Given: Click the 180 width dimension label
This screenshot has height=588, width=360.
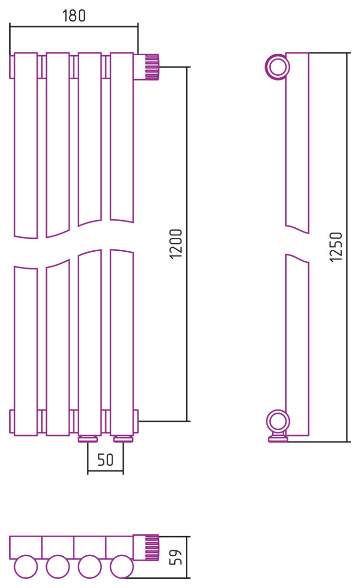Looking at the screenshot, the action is click(74, 15).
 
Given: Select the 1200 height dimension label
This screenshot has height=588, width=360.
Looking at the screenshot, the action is click(176, 244).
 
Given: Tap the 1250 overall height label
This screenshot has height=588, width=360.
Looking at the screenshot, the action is click(336, 247).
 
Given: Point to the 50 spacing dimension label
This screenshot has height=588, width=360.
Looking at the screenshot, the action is click(106, 459).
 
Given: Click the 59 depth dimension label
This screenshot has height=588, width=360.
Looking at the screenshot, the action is click(176, 557).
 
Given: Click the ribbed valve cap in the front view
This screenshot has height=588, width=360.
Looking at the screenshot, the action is click(152, 67).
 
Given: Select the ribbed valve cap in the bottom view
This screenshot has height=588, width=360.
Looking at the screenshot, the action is click(152, 548).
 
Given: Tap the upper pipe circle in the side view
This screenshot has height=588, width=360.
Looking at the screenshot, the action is click(277, 67).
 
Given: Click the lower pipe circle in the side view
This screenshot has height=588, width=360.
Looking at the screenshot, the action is click(277, 421).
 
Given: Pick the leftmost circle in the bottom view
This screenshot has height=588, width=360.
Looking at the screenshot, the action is click(26, 566).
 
